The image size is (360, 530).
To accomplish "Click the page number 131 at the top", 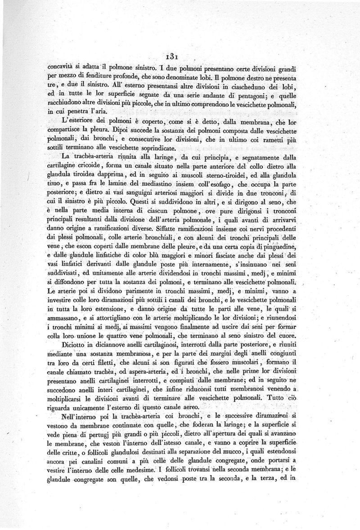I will point(172,56).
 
